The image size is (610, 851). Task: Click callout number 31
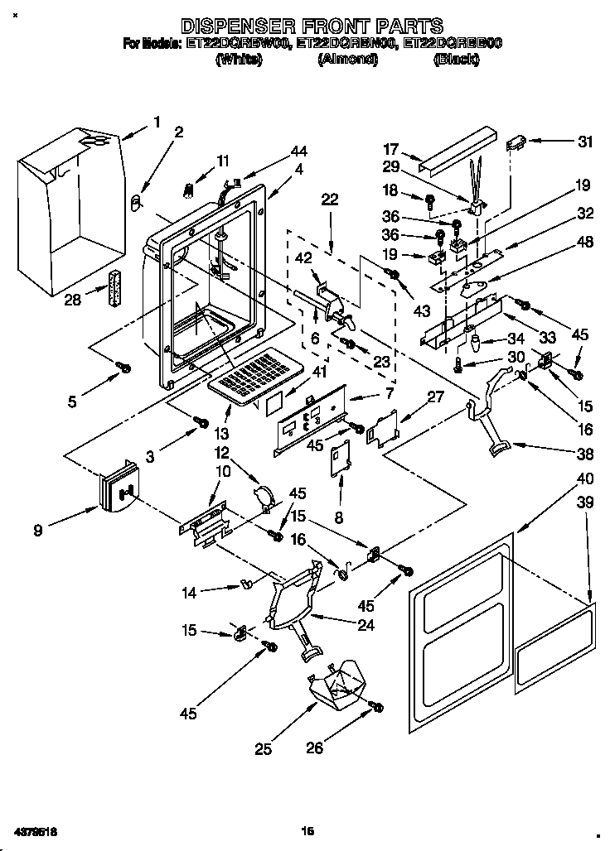click(x=585, y=142)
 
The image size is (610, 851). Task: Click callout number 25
click(x=263, y=750)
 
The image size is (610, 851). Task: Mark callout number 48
click(x=585, y=243)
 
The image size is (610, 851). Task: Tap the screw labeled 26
click(x=375, y=707)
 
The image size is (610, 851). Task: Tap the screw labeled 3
click(x=200, y=423)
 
